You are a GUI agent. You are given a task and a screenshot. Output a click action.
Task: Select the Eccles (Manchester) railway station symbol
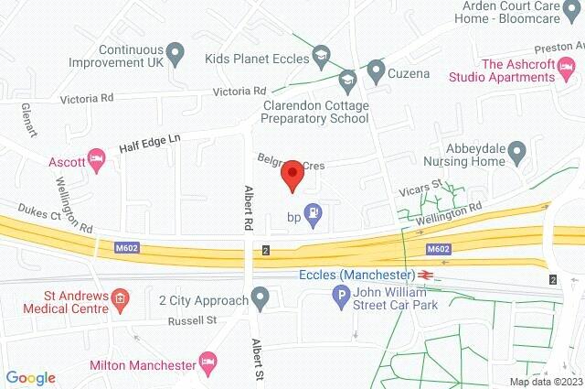(426, 275)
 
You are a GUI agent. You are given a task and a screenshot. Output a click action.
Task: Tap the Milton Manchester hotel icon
(208, 360)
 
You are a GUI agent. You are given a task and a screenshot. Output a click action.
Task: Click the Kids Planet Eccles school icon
(321, 58)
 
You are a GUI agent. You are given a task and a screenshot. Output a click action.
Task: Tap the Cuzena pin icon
(375, 69)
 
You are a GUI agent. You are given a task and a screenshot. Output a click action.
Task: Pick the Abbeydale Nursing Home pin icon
(516, 149)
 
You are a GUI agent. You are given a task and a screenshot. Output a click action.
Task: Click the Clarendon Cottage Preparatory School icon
(346, 81)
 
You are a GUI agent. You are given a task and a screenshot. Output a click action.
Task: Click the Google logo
(31, 377)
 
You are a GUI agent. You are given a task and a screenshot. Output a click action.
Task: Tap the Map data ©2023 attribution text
(545, 382)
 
